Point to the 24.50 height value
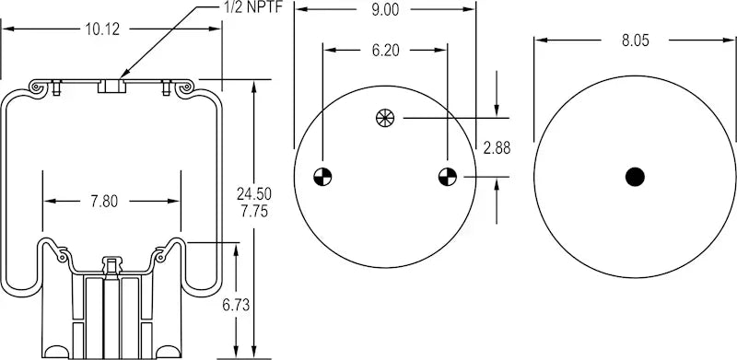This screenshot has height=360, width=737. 254,193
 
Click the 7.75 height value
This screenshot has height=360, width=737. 254,211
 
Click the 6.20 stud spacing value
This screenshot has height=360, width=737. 384,52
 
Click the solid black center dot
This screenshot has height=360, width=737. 635,176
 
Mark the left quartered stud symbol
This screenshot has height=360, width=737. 322,176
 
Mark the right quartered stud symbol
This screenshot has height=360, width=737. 447,176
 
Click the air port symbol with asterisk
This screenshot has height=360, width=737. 384,117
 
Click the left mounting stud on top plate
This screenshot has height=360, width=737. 57,87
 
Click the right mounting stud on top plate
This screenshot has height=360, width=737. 166,87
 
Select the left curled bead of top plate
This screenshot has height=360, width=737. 39,87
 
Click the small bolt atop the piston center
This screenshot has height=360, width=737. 111,265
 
